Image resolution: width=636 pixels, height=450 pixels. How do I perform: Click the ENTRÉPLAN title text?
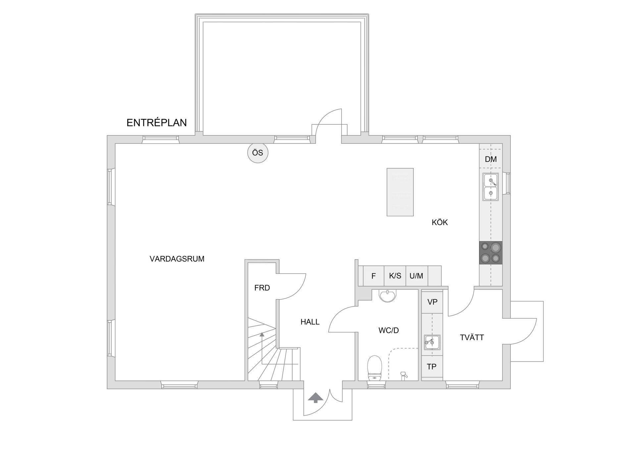click(156, 123)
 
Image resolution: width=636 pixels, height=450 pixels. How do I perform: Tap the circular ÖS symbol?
click(258, 153)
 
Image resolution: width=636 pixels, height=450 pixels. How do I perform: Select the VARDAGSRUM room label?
click(177, 259)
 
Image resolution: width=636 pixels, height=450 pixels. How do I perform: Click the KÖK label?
click(440, 223)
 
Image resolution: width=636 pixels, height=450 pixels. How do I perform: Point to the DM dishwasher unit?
click(491, 159)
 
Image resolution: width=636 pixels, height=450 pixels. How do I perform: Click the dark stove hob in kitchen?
click(491, 253)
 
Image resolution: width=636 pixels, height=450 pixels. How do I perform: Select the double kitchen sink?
click(491, 187)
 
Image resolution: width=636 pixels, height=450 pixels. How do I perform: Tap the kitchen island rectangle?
click(400, 192)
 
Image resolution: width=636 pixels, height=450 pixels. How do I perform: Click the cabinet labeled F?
click(373, 276)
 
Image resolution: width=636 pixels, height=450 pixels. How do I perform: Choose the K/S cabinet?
click(395, 276)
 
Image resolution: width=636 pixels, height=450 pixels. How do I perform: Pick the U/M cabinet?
click(416, 276)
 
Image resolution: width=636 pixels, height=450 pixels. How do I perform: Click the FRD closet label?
click(262, 288)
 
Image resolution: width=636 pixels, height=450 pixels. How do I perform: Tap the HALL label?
click(310, 322)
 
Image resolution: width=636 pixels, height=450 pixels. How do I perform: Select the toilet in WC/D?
click(375, 367)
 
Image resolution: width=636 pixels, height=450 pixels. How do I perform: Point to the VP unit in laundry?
click(432, 302)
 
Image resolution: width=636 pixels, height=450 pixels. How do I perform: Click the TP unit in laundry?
click(432, 367)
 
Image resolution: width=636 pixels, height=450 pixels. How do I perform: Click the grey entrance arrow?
click(315, 398)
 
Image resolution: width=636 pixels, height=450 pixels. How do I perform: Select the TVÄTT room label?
click(472, 338)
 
